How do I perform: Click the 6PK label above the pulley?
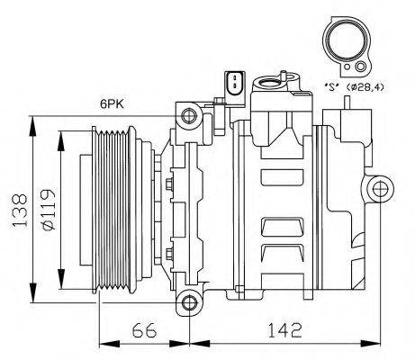tap(113, 104)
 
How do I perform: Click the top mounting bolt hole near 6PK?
tap(187, 115)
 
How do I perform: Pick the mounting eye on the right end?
tap(379, 187)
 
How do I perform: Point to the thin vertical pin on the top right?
tap(346, 103)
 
